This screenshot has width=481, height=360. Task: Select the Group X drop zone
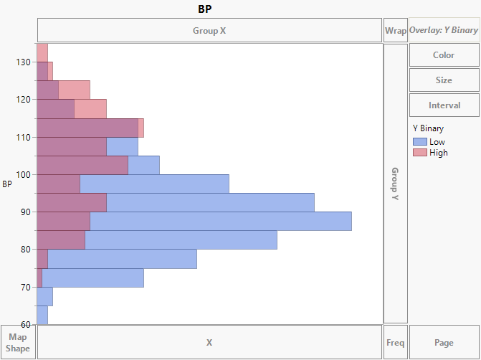click(209, 31)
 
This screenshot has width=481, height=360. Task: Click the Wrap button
click(395, 31)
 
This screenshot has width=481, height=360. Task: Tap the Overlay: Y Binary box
click(444, 31)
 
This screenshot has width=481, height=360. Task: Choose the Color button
click(444, 55)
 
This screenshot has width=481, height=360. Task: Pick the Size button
click(444, 80)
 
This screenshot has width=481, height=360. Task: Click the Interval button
click(444, 105)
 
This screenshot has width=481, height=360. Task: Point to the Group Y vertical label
click(395, 184)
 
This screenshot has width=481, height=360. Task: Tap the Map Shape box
click(18, 342)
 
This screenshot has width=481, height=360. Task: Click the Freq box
click(395, 343)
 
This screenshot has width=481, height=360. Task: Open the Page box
click(444, 343)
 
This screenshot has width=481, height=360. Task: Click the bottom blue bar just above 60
click(42, 315)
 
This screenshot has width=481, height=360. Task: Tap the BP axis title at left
click(7, 184)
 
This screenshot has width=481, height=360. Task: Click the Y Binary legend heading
click(429, 129)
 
